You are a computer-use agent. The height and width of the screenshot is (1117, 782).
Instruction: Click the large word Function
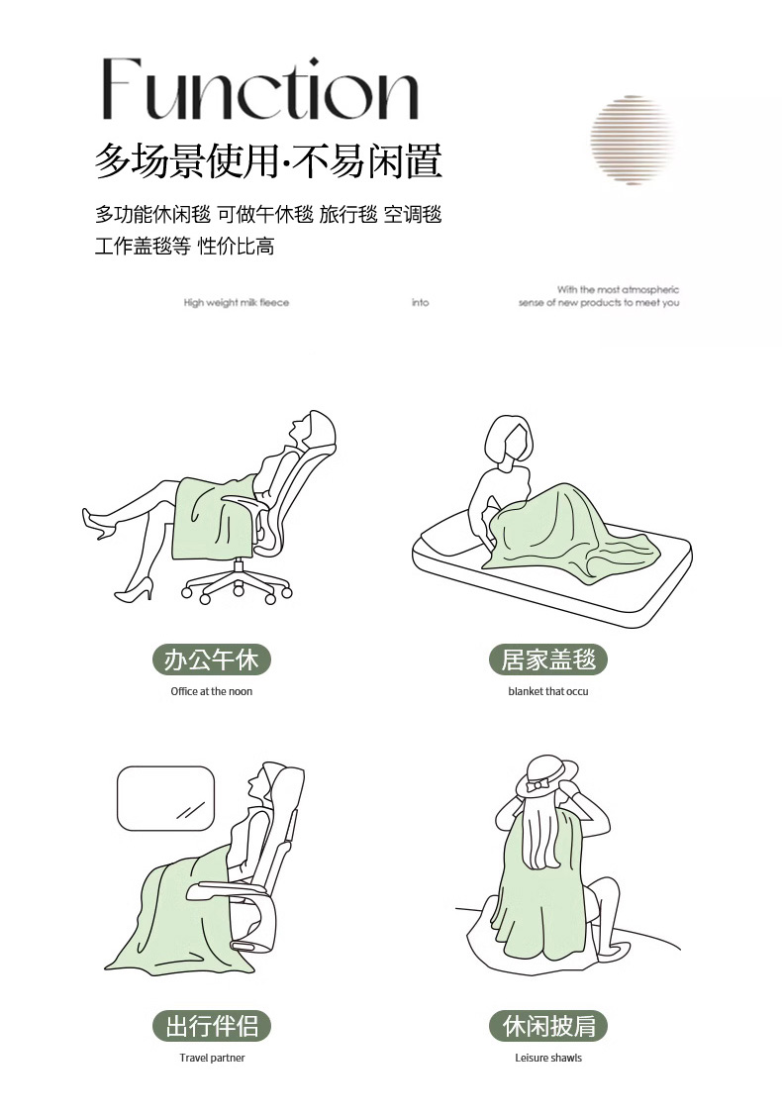click(260, 90)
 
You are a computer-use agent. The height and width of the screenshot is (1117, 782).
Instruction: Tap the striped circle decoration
click(633, 140)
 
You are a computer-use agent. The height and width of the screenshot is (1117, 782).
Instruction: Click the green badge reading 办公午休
click(212, 660)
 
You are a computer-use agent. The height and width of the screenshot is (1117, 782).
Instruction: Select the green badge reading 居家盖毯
click(547, 660)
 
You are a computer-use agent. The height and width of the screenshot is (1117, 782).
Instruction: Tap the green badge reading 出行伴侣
click(212, 1026)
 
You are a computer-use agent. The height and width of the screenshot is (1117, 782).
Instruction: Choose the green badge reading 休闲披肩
click(547, 1026)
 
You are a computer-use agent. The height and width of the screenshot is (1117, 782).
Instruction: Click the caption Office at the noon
click(212, 691)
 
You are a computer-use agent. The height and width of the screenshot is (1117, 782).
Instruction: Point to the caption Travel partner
click(212, 1058)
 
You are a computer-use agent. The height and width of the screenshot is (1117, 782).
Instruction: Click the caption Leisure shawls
click(548, 1058)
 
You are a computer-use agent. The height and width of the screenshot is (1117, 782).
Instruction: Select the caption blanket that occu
click(548, 691)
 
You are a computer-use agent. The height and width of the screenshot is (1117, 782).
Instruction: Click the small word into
click(420, 303)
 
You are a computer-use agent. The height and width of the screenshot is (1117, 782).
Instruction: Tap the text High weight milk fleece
click(237, 303)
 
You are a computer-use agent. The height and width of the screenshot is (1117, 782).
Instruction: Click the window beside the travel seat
click(166, 798)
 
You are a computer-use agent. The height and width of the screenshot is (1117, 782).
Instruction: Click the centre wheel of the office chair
click(239, 589)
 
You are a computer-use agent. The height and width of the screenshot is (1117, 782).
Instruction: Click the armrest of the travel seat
click(227, 889)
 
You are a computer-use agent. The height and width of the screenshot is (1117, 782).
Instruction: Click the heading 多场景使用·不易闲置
click(268, 161)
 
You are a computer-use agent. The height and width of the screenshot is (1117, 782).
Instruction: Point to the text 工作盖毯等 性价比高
click(184, 247)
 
